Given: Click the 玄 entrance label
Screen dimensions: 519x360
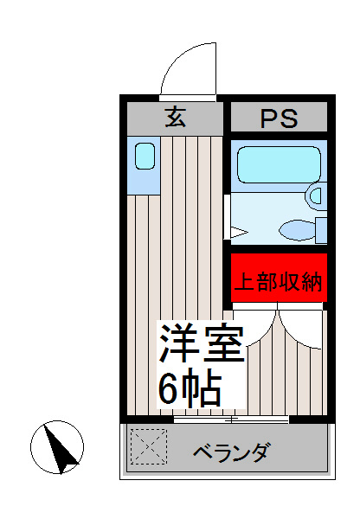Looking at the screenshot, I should pos(176,117).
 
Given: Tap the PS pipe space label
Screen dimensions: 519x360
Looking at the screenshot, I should pos(278,119).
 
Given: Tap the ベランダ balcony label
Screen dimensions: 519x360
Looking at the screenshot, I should pos(231,452).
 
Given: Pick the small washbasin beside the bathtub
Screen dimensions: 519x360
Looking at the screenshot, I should pos(316,196).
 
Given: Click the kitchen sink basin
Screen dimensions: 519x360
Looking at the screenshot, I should pos(144,157).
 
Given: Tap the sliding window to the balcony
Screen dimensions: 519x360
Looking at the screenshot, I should pos(231,420).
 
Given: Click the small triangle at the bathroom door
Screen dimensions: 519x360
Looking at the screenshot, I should pos(238,232).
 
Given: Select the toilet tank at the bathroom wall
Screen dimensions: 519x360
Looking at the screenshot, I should pos(322,230).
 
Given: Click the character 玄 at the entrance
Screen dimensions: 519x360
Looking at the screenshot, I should pos(176,117).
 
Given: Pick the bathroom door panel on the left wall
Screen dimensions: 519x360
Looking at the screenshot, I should pos(227,216).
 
